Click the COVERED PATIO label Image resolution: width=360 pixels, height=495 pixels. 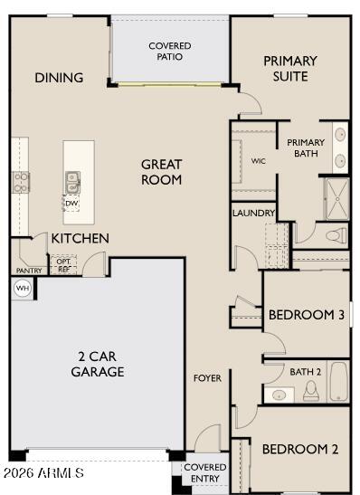(170, 51)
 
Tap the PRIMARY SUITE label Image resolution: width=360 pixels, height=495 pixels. (290, 68)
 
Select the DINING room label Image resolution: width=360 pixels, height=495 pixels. (59, 78)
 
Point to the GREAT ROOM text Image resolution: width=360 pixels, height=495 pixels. (162, 172)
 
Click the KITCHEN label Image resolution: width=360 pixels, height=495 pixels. (80, 239)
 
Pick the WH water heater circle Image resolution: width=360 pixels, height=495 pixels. (22, 289)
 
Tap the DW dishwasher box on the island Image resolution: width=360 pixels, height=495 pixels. (71, 204)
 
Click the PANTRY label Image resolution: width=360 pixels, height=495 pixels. (29, 270)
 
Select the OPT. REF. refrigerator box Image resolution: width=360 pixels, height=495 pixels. (64, 265)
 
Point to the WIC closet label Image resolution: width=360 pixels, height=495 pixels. (259, 161)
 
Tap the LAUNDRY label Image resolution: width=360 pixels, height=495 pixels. (253, 214)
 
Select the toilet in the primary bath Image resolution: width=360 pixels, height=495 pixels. (336, 235)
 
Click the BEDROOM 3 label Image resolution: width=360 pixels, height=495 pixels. (307, 315)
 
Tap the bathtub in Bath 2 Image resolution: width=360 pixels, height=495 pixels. (338, 381)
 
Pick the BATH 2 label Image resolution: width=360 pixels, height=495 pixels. (306, 371)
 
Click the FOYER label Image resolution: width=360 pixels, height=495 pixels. (207, 377)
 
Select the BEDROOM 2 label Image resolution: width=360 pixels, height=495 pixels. (300, 449)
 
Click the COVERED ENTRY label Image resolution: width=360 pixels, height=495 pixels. (205, 472)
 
